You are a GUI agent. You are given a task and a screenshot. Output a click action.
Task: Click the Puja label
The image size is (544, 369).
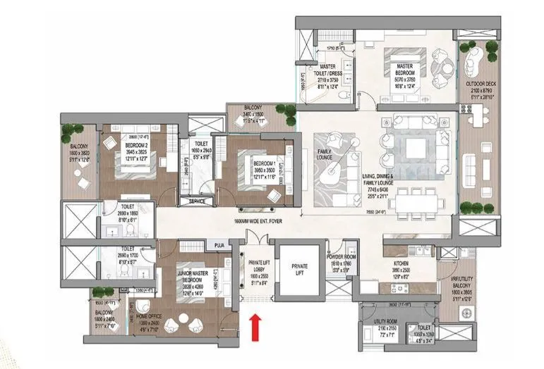[x=219, y=245]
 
